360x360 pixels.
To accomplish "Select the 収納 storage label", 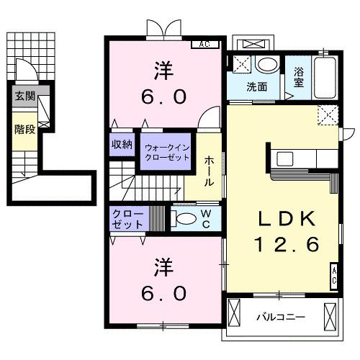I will tap(122, 145).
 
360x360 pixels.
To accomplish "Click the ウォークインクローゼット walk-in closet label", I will tap(165, 151).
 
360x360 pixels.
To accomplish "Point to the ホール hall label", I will tap(209, 171).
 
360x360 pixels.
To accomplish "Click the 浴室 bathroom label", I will tap(298, 77).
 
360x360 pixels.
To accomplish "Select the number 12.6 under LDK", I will tap(285, 246).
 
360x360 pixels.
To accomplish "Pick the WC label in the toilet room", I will tap(206, 218).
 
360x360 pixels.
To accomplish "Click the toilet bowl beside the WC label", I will tap(185, 219).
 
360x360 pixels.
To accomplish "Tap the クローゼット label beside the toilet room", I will tap(128, 219).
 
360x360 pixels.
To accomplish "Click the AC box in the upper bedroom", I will tap(204, 44).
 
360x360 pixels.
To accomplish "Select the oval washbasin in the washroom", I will tap(266, 65).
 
